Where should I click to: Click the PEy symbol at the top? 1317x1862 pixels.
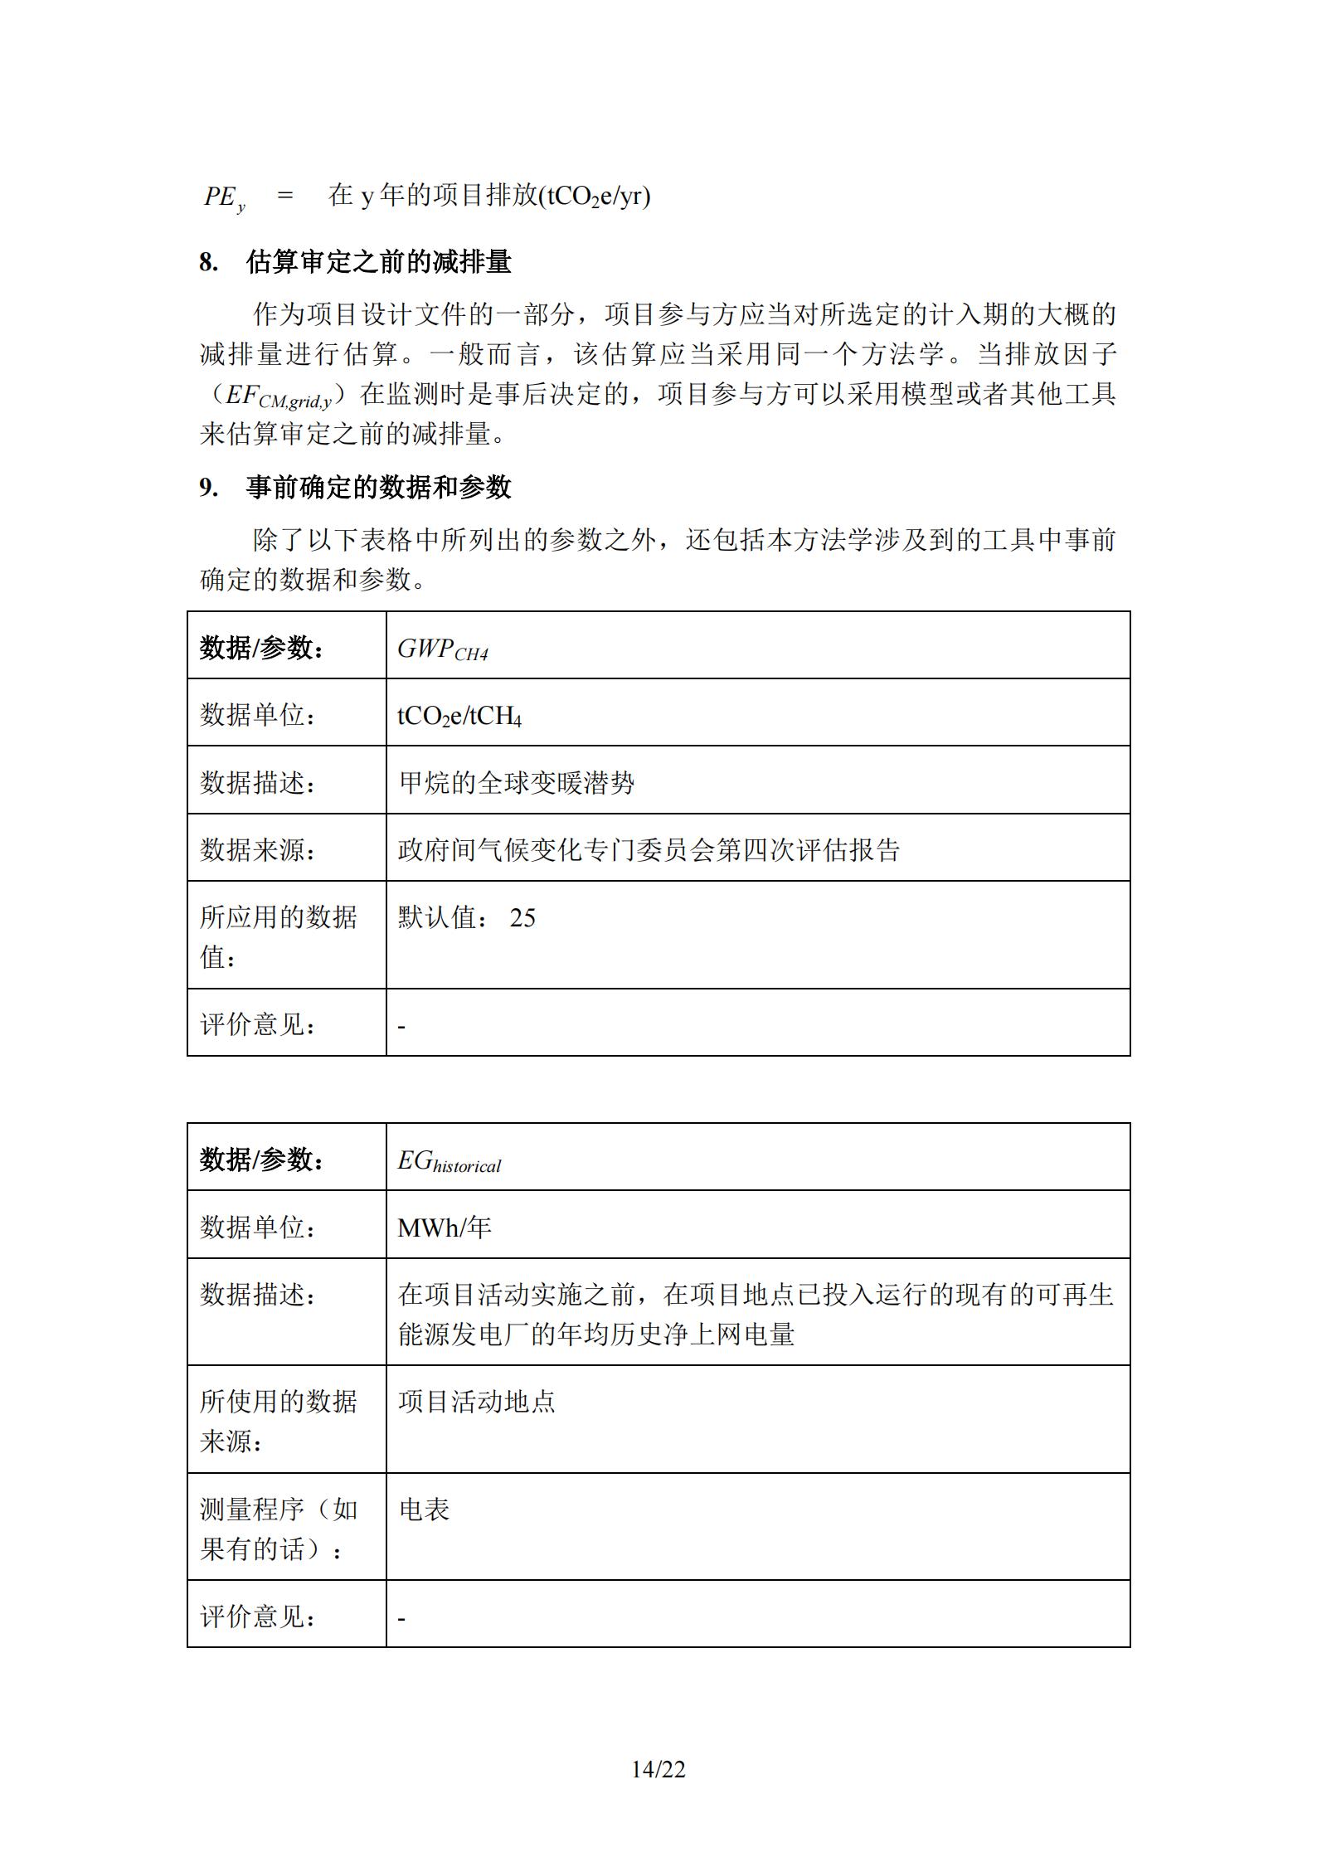224,197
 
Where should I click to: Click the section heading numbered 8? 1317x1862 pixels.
356,262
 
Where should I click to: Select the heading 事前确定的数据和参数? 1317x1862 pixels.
378,487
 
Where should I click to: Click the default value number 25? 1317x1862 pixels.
522,917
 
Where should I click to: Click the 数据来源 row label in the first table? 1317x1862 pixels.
258,849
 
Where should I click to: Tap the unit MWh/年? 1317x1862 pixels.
444,1227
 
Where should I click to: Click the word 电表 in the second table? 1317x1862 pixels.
424,1510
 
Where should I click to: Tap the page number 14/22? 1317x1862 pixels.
658,1769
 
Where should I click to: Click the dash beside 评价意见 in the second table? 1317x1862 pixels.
401,1618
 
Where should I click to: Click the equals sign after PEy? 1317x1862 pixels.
285,196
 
